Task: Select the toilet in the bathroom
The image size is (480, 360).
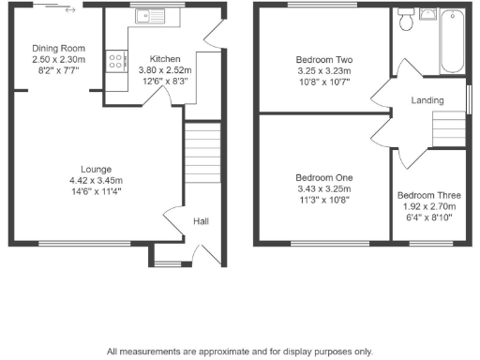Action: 406,19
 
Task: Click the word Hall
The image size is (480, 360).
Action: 201,221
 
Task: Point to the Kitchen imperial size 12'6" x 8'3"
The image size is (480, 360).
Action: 165,81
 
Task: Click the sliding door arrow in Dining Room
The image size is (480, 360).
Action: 69,11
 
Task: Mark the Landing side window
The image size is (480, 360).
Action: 469,98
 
